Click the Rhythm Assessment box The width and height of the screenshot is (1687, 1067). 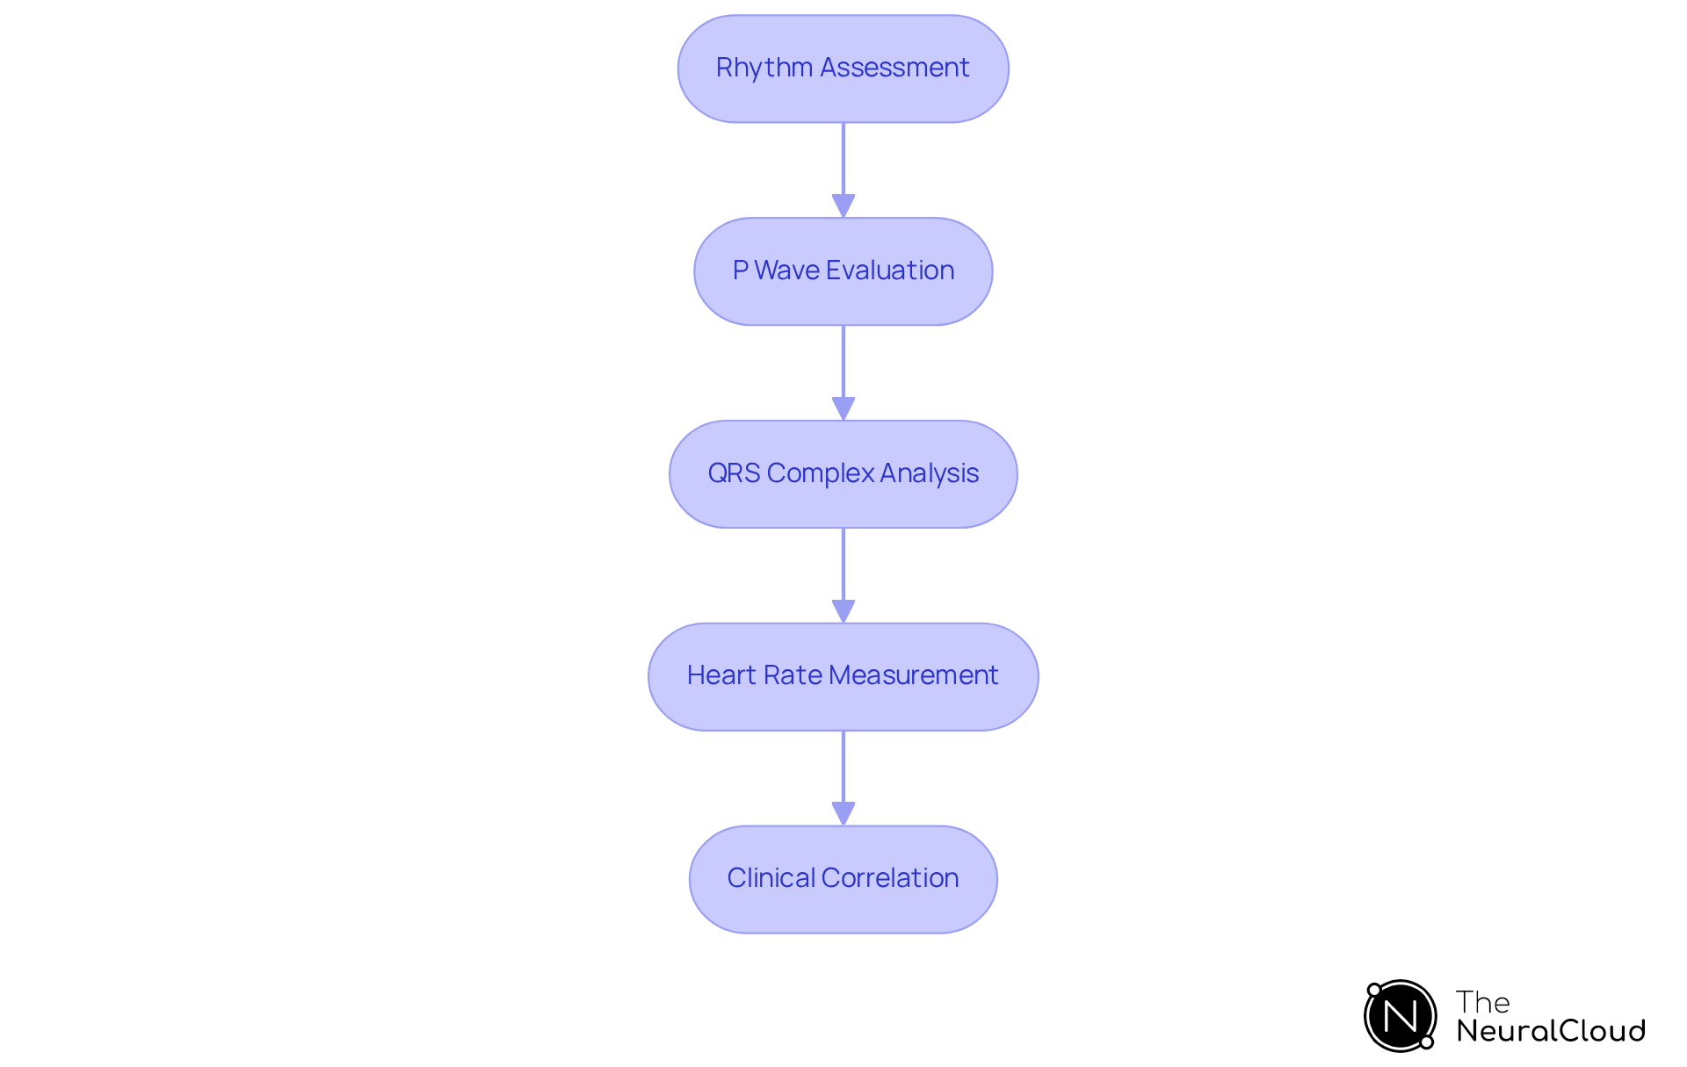(x=843, y=68)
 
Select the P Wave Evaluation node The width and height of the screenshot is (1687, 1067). (x=843, y=271)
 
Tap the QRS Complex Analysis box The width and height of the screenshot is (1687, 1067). (x=843, y=474)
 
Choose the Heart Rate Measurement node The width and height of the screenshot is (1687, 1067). (x=843, y=676)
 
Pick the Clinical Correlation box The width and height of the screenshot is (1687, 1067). (x=843, y=879)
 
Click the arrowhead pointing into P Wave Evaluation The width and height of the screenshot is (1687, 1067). (x=843, y=205)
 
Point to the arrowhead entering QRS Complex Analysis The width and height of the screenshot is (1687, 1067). (x=843, y=408)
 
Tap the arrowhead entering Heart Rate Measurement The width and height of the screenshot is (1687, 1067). (x=843, y=611)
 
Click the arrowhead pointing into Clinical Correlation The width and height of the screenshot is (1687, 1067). (x=843, y=813)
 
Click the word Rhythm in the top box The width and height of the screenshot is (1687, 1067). (x=764, y=68)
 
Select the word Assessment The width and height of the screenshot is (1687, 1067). (x=894, y=68)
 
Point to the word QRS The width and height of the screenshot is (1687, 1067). (x=734, y=473)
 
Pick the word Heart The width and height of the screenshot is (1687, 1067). (x=720, y=675)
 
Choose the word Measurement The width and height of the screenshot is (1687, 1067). (x=913, y=675)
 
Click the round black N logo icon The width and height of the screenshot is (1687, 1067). (x=1400, y=1016)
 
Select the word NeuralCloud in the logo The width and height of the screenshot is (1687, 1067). (x=1550, y=1031)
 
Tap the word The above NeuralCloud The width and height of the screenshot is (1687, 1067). (x=1482, y=1002)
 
